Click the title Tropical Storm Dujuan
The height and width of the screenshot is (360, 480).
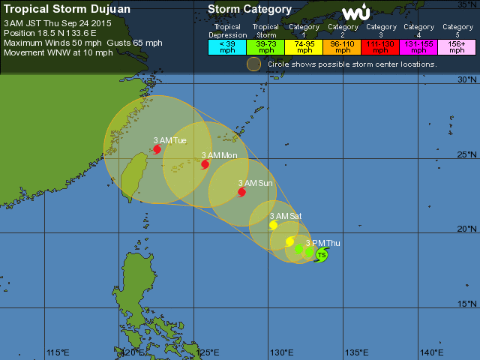pos(67,9)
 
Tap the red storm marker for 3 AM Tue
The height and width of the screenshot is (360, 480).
pos(157,149)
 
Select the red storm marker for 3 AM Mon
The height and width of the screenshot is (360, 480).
pos(205,163)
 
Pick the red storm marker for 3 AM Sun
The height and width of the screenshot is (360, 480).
pos(241,192)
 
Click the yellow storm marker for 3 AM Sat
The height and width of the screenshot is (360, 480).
pos(273,225)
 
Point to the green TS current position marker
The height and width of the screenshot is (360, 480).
pos(322,255)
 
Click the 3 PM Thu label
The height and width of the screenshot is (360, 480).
pos(322,243)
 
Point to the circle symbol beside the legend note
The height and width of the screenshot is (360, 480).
pos(254,64)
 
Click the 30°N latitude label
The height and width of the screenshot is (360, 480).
pos(467,79)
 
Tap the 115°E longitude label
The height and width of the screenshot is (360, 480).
pos(58,352)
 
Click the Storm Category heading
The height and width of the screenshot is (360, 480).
pos(250,9)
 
